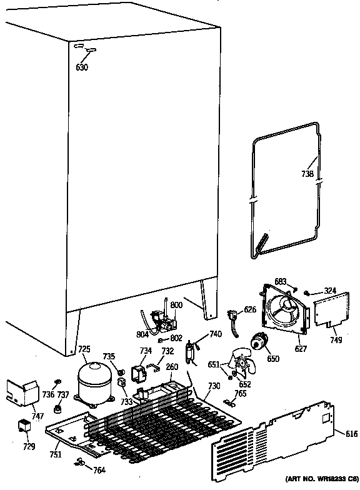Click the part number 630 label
tap(82, 67)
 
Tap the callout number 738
tap(307, 175)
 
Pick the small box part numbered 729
tap(25, 427)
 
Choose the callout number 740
tap(215, 334)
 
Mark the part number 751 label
tap(56, 454)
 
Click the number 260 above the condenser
tap(172, 366)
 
